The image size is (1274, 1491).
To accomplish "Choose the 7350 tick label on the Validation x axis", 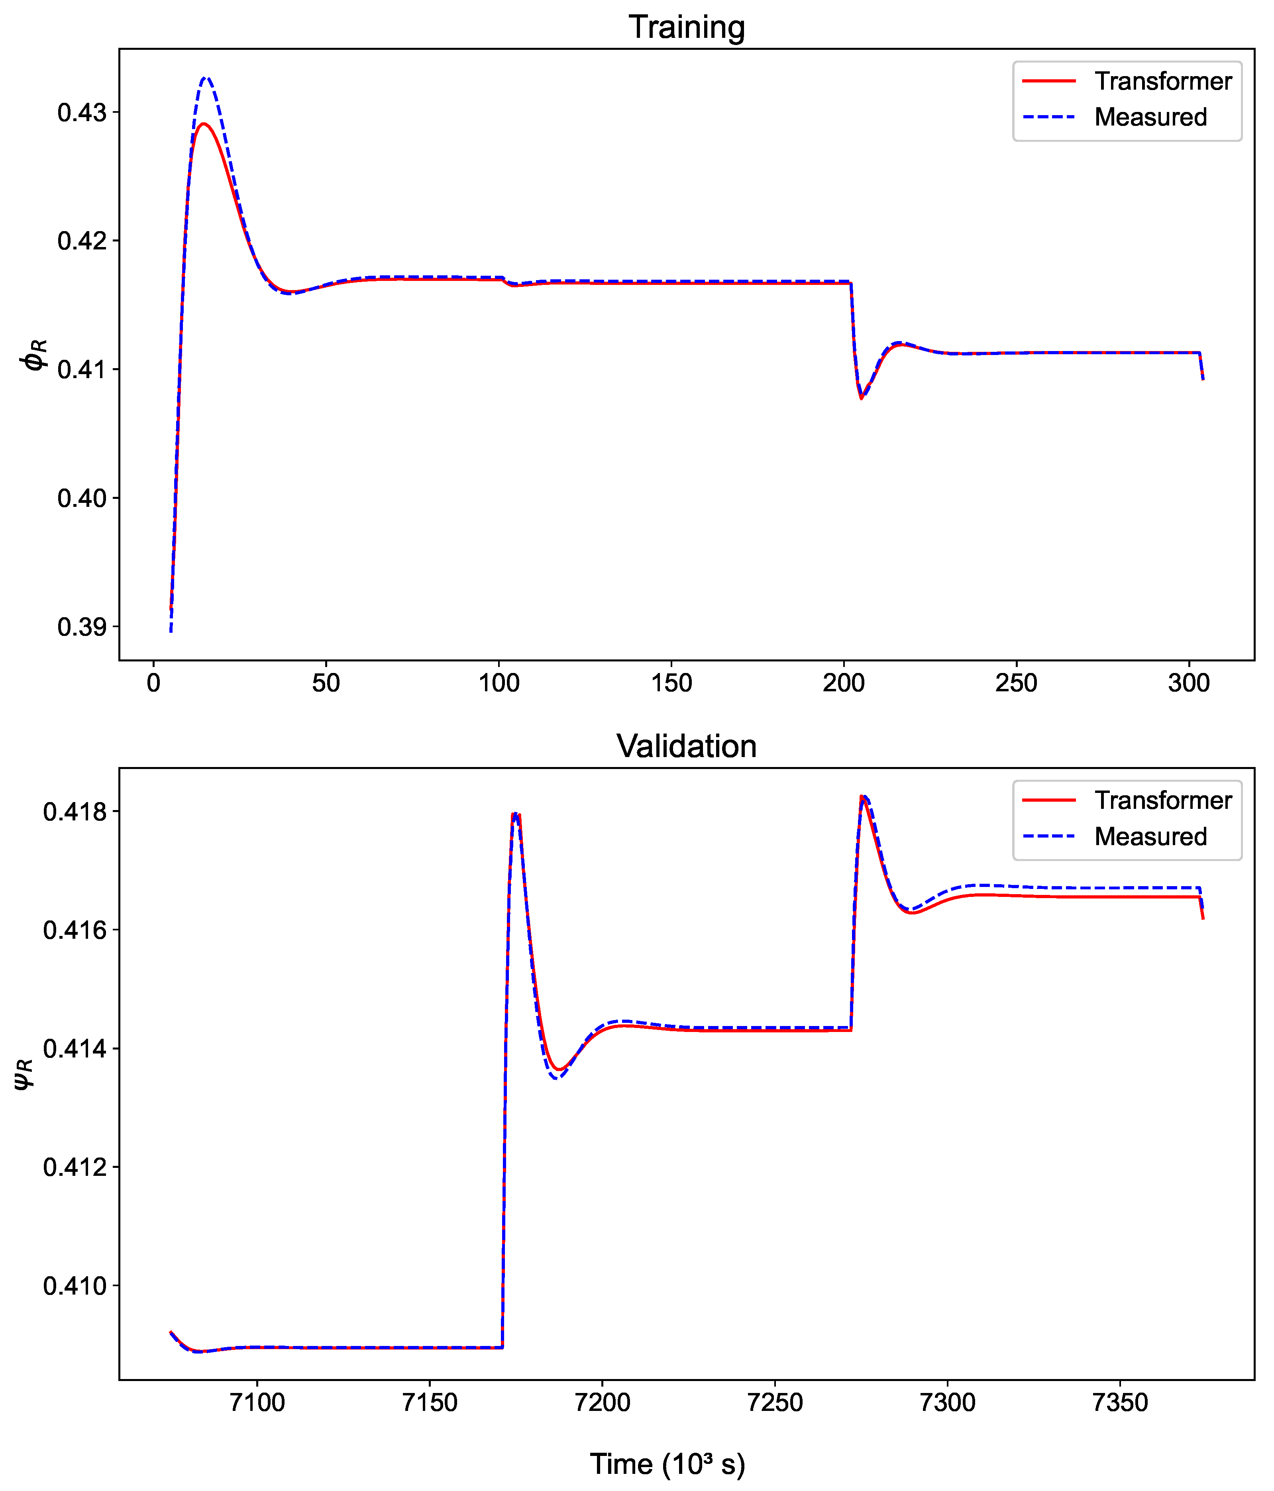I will point(1119,1402).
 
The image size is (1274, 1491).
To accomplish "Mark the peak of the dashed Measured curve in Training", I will point(206,77).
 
